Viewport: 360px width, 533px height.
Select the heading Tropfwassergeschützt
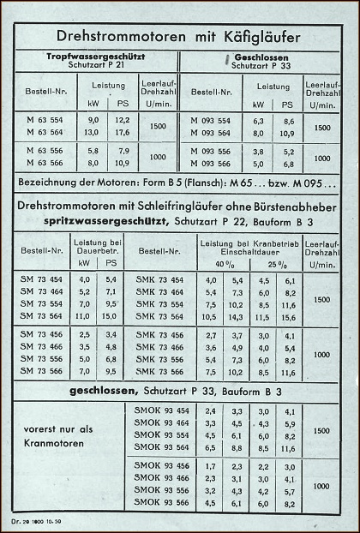[93, 57]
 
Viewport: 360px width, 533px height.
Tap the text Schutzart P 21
[93, 65]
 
